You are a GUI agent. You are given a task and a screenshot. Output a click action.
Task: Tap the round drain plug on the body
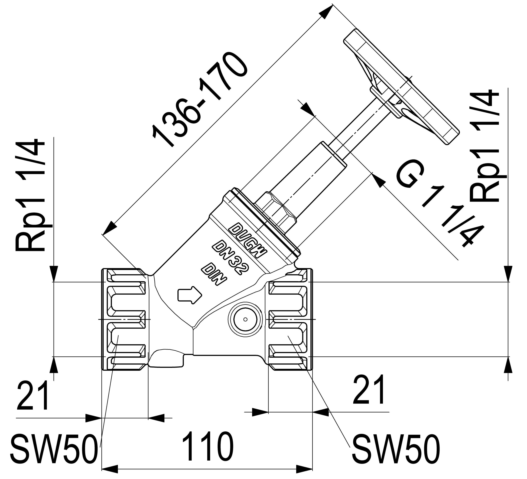click(245, 319)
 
